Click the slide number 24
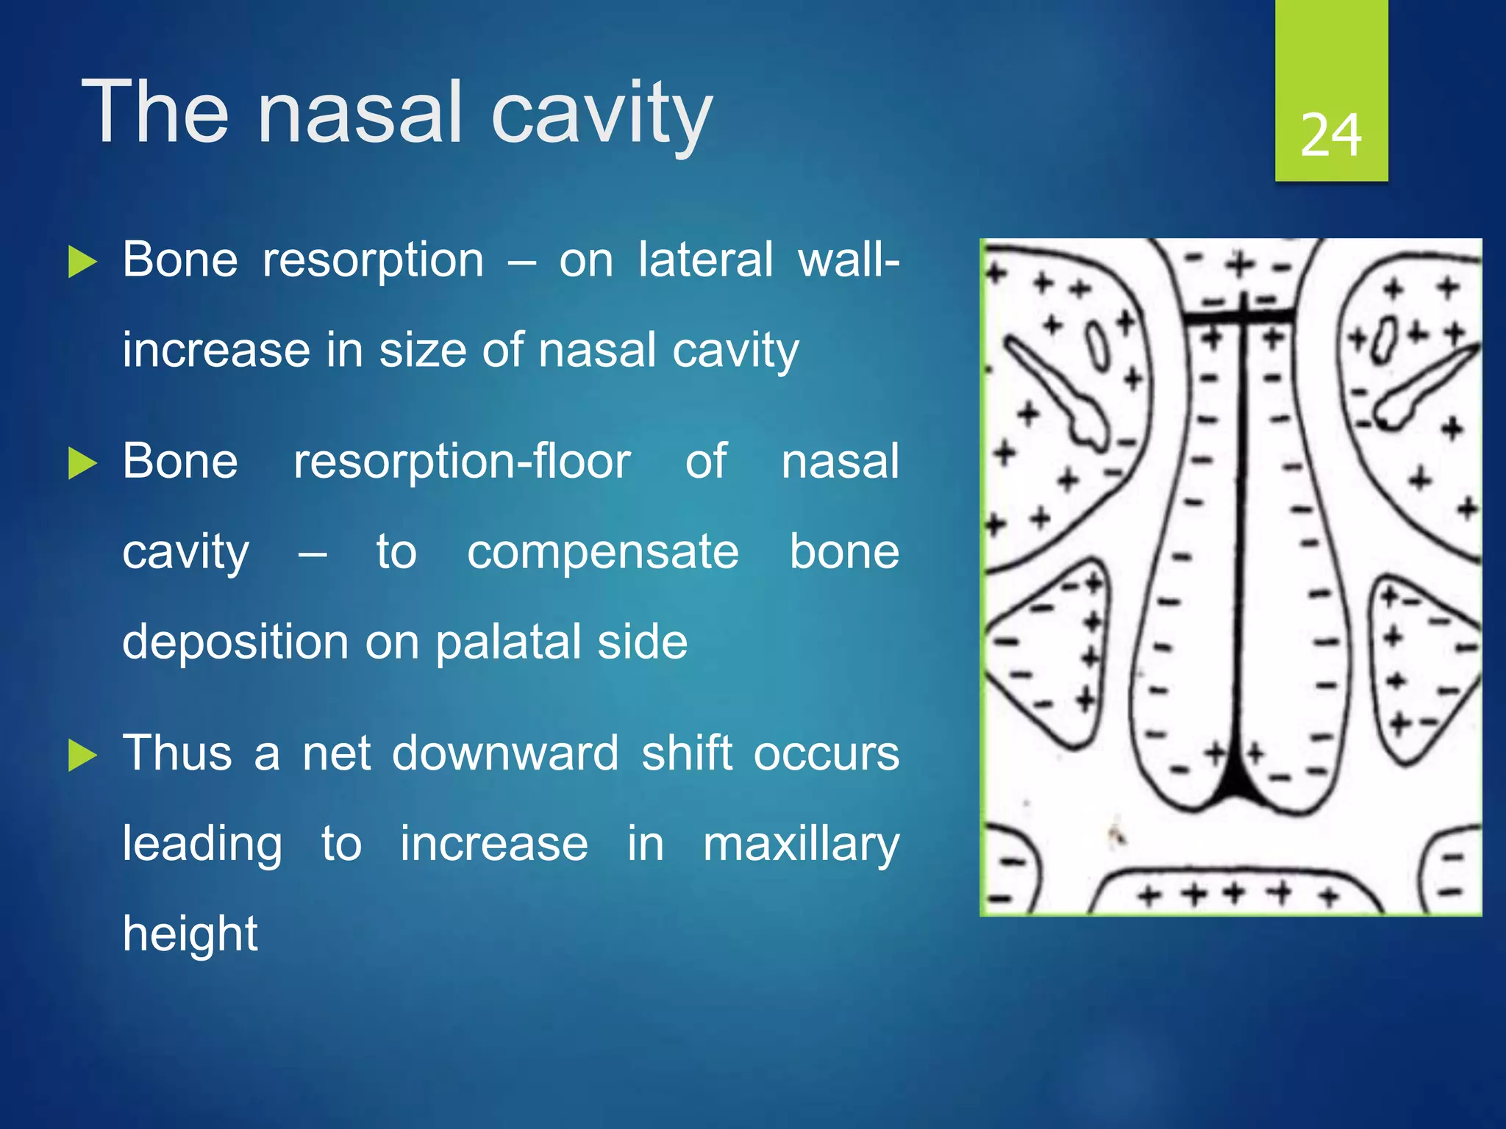pyautogui.click(x=1330, y=136)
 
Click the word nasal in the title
pyautogui.click(x=360, y=114)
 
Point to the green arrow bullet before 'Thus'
pyautogui.click(x=82, y=755)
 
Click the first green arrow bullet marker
pyautogui.click(x=82, y=262)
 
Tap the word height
pyautogui.click(x=190, y=933)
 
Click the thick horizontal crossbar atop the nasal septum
pyautogui.click(x=1238, y=317)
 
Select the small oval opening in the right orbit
pyautogui.click(x=1382, y=340)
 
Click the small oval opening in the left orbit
pyautogui.click(x=1096, y=345)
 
